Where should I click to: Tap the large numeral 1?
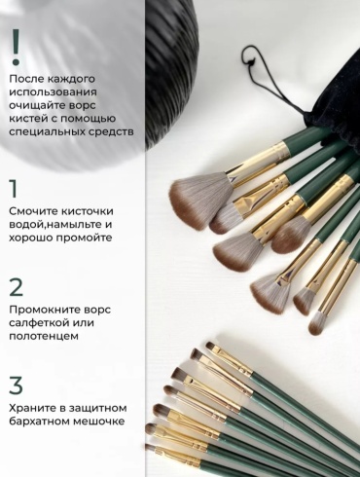14,188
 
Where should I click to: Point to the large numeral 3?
16,385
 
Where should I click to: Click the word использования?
53,92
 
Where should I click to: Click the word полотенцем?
44,336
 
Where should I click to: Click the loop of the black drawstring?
251,55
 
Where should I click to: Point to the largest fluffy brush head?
200,201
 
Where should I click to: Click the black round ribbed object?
171,71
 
